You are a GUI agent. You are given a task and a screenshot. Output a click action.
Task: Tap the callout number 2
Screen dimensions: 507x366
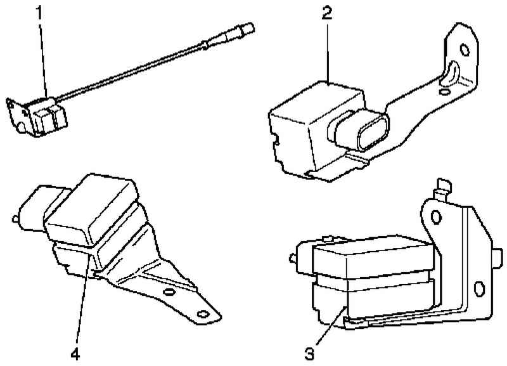pyautogui.click(x=327, y=13)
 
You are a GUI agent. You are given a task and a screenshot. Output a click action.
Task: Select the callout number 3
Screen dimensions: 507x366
pyautogui.click(x=309, y=354)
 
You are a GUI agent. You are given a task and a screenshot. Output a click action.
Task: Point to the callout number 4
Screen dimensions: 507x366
pyautogui.click(x=75, y=355)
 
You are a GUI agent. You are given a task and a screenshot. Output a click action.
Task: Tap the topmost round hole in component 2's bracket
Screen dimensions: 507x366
pyautogui.click(x=465, y=50)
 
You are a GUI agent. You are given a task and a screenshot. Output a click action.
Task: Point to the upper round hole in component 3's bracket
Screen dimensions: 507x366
pyautogui.click(x=436, y=217)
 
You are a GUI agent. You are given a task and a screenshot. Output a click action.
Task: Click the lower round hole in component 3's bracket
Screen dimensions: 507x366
pyautogui.click(x=479, y=289)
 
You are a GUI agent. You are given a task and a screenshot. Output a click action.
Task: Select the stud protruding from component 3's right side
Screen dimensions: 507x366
pyautogui.click(x=497, y=258)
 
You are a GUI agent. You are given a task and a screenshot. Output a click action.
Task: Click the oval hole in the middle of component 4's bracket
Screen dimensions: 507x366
pyautogui.click(x=168, y=292)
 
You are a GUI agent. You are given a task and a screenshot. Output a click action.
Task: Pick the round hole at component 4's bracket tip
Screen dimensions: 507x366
pyautogui.click(x=203, y=314)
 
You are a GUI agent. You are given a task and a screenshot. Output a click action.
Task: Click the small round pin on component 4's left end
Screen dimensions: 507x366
pyautogui.click(x=15, y=219)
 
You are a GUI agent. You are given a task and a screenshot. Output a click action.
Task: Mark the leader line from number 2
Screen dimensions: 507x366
pyautogui.click(x=328, y=52)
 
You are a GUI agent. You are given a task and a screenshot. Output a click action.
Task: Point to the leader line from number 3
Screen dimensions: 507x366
pyautogui.click(x=330, y=326)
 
